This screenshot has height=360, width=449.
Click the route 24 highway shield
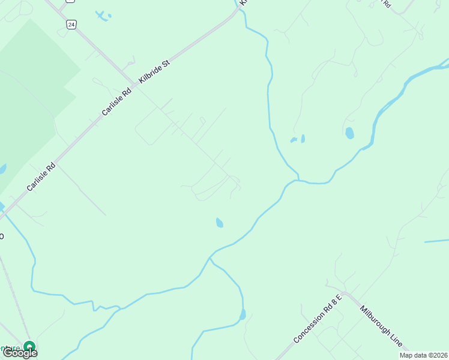71,24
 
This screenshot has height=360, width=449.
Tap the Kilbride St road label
155,71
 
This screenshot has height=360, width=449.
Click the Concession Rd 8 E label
318,319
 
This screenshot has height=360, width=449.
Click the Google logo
20,353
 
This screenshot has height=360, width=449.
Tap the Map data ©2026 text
423,355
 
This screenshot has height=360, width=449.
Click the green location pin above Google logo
29,346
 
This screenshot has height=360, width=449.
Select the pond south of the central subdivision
220,223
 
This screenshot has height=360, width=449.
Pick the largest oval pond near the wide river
349,133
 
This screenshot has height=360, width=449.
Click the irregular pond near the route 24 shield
103,16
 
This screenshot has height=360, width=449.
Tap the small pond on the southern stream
243,314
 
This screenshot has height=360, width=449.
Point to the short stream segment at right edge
436,241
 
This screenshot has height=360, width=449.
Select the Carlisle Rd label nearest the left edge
41,177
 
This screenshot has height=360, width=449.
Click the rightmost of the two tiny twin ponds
303,139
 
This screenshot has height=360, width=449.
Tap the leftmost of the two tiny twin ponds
294,140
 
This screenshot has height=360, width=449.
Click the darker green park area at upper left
36,72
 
